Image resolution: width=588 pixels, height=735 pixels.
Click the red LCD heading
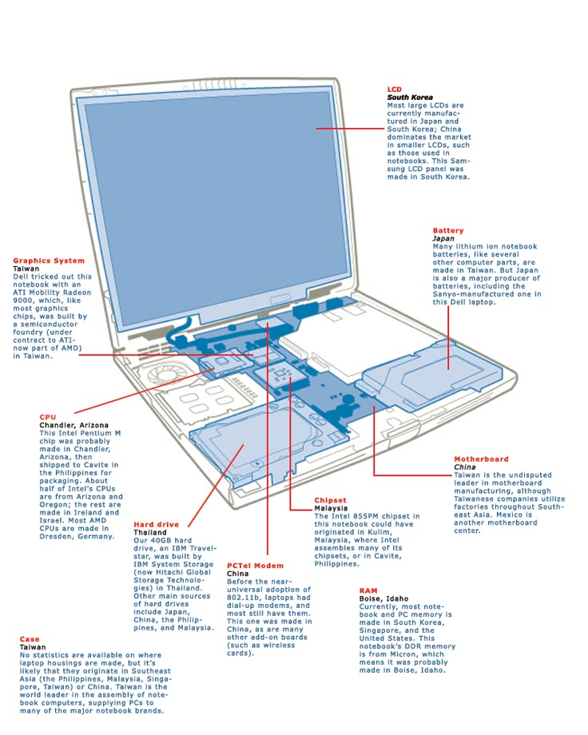click(x=395, y=89)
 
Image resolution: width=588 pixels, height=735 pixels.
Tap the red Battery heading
click(x=448, y=231)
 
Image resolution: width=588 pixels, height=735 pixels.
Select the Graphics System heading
click(x=49, y=260)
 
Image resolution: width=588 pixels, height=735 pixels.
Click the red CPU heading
click(x=48, y=417)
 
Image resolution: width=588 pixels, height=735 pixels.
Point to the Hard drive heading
click(x=157, y=525)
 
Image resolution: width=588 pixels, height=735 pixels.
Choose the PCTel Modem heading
click(x=255, y=566)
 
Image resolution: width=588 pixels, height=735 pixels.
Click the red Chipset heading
click(x=330, y=500)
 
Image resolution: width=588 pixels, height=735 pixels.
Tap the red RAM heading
click(x=368, y=590)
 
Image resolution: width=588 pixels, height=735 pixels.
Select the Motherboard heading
click(x=481, y=459)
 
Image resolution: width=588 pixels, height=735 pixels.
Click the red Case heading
click(x=30, y=639)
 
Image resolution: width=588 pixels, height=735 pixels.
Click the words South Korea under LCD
click(x=410, y=97)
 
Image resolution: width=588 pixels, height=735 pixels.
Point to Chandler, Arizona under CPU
click(x=74, y=425)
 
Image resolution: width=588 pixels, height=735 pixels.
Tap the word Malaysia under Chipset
click(x=331, y=508)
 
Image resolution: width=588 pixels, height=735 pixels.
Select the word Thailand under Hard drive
click(x=150, y=533)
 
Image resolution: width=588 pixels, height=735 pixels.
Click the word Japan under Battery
click(x=443, y=239)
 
